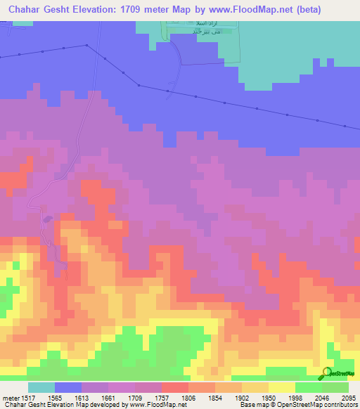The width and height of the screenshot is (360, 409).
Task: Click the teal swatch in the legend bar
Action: coord(41,387)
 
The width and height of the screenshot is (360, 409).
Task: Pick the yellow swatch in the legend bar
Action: coord(282,387)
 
